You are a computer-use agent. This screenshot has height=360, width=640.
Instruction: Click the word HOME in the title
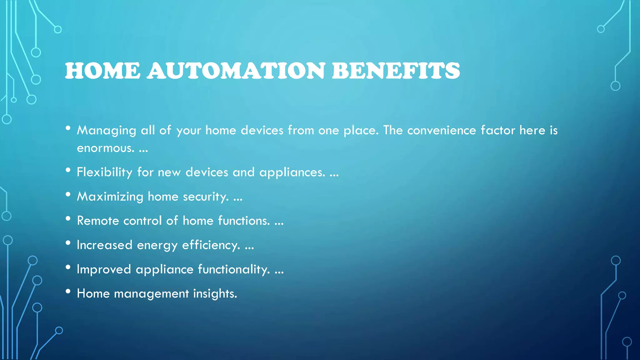coord(102,71)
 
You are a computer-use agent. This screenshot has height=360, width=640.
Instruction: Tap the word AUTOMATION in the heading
coord(236,71)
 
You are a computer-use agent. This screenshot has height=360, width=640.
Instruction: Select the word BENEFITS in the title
coord(396,71)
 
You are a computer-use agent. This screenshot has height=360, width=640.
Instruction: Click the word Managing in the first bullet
coord(107,131)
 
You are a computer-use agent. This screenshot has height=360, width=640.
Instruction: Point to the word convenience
coord(442,130)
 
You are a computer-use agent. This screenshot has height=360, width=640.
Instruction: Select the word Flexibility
coord(105,172)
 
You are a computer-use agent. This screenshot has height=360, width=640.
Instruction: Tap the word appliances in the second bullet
coord(292,172)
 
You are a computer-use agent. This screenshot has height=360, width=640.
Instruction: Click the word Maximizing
coord(110,197)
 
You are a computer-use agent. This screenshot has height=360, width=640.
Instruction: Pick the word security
coord(206,197)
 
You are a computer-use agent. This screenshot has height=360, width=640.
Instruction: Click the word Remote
coord(98,221)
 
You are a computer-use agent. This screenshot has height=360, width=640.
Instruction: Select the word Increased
coord(104,245)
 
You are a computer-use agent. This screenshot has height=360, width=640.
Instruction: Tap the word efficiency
coord(211,245)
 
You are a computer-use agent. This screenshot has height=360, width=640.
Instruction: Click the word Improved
coord(104,269)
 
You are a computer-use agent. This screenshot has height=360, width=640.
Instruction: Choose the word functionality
coord(234,269)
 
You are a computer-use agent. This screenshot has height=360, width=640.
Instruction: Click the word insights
coord(215,294)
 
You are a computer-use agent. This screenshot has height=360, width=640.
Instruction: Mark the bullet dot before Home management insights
coord(68,291)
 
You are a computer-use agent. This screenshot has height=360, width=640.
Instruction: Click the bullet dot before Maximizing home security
coord(68,194)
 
